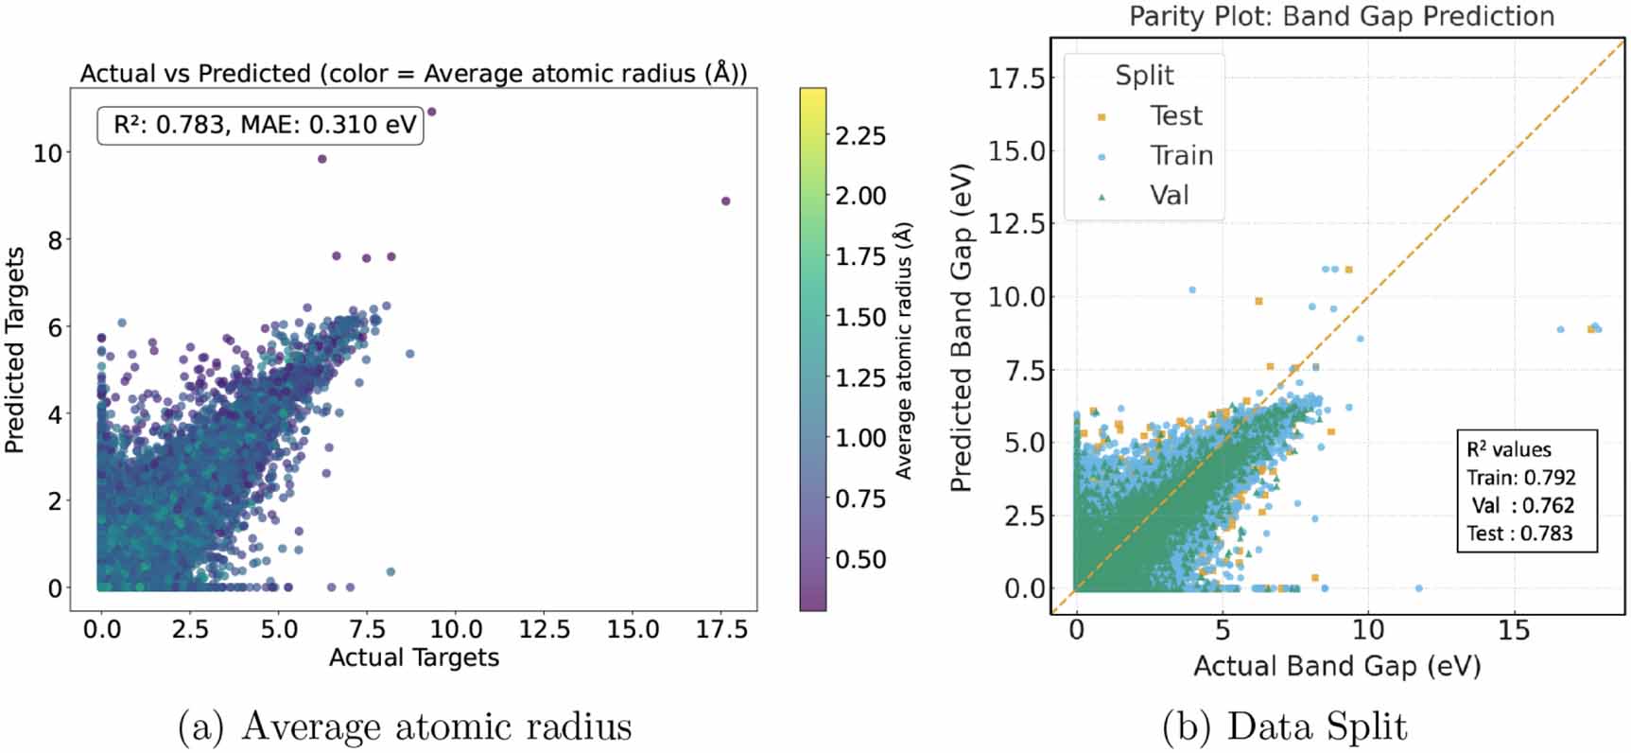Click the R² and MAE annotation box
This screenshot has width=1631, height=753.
[x=260, y=126]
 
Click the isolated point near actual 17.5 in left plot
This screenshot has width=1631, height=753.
[x=725, y=201]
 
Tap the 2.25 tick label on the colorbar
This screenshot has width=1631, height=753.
[x=860, y=136]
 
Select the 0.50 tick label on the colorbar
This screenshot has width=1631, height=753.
[x=860, y=559]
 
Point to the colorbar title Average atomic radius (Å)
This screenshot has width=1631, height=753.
[x=904, y=351]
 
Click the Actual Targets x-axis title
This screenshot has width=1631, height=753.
[x=413, y=657]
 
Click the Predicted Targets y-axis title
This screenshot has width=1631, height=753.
[x=15, y=351]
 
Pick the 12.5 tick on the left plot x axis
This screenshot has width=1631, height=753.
[x=545, y=629]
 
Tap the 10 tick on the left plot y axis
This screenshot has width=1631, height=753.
[x=47, y=153]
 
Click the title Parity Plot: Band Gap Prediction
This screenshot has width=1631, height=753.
[x=1341, y=16]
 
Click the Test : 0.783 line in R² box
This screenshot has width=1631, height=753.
[x=1519, y=534]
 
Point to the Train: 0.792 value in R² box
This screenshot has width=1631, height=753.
[x=1521, y=478]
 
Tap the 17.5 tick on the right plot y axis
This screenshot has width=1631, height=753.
[x=1015, y=79]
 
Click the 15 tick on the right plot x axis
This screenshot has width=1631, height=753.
[x=1514, y=630]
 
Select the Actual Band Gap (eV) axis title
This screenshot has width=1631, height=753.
[x=1336, y=667]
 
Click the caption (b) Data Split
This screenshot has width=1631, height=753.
[x=1284, y=727]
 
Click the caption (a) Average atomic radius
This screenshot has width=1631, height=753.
[x=405, y=727]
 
